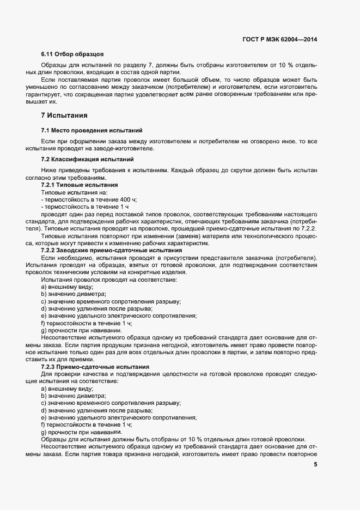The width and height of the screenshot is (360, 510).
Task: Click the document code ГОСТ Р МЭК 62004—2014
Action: click(x=279, y=40)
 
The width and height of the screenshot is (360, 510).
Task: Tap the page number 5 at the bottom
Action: click(x=316, y=464)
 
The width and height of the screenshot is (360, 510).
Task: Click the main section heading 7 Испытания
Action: click(x=64, y=116)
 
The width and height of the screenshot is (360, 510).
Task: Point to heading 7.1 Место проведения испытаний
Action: click(x=91, y=131)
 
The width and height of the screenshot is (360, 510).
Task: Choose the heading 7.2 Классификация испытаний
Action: click(x=87, y=159)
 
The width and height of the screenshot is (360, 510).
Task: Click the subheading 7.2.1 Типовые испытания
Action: click(x=80, y=185)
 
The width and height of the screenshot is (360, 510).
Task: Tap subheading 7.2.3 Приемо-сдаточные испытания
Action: click(x=95, y=367)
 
